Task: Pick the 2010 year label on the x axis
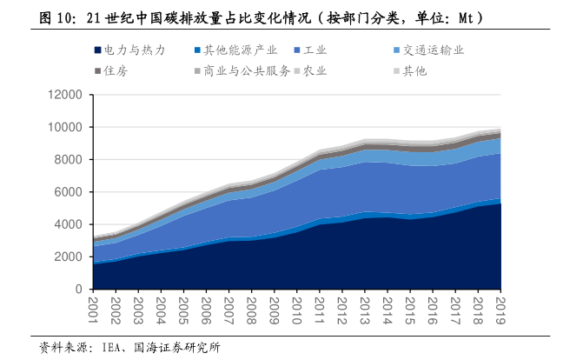(x=298, y=310)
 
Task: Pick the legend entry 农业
(x=315, y=71)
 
